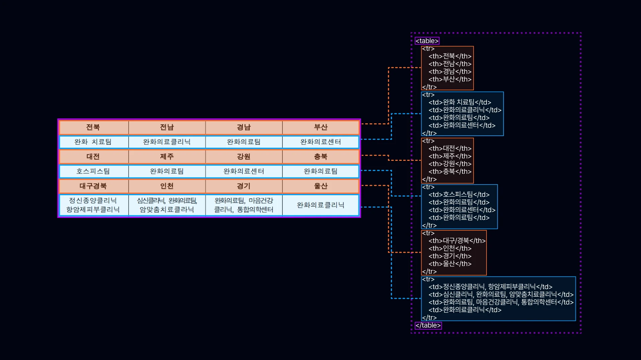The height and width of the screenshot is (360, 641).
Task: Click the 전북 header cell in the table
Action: point(93,127)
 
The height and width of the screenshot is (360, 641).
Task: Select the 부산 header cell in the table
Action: point(321,127)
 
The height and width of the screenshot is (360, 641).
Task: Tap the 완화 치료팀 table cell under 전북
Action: point(93,142)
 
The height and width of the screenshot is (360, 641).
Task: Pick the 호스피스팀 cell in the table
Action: point(93,171)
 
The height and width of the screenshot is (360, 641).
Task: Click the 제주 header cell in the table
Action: point(167,157)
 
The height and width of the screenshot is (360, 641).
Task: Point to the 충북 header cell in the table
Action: point(321,157)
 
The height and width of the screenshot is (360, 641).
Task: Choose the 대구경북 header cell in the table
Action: point(93,186)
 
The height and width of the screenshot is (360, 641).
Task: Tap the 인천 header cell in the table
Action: point(167,186)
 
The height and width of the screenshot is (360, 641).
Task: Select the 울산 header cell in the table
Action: point(321,186)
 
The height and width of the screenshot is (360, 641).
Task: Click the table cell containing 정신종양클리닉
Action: point(93,205)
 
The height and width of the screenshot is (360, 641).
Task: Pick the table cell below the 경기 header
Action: point(244,205)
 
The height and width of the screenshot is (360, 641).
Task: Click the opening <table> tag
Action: point(427,41)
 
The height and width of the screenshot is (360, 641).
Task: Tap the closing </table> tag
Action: point(428,326)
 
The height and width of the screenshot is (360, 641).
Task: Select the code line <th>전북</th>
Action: point(450,56)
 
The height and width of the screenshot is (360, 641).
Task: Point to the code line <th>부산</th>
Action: point(450,79)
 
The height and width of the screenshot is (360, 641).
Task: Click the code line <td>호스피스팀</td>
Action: point(459,195)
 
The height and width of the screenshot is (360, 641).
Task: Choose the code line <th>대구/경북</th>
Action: point(457,241)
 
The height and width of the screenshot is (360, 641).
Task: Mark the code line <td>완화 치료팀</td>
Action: point(460,102)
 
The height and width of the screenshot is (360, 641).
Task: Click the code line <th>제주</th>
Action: point(450,156)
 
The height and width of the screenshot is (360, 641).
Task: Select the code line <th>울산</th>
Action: point(450,264)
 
